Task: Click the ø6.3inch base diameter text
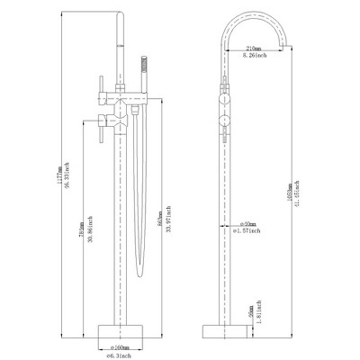click(x=120, y=354)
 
